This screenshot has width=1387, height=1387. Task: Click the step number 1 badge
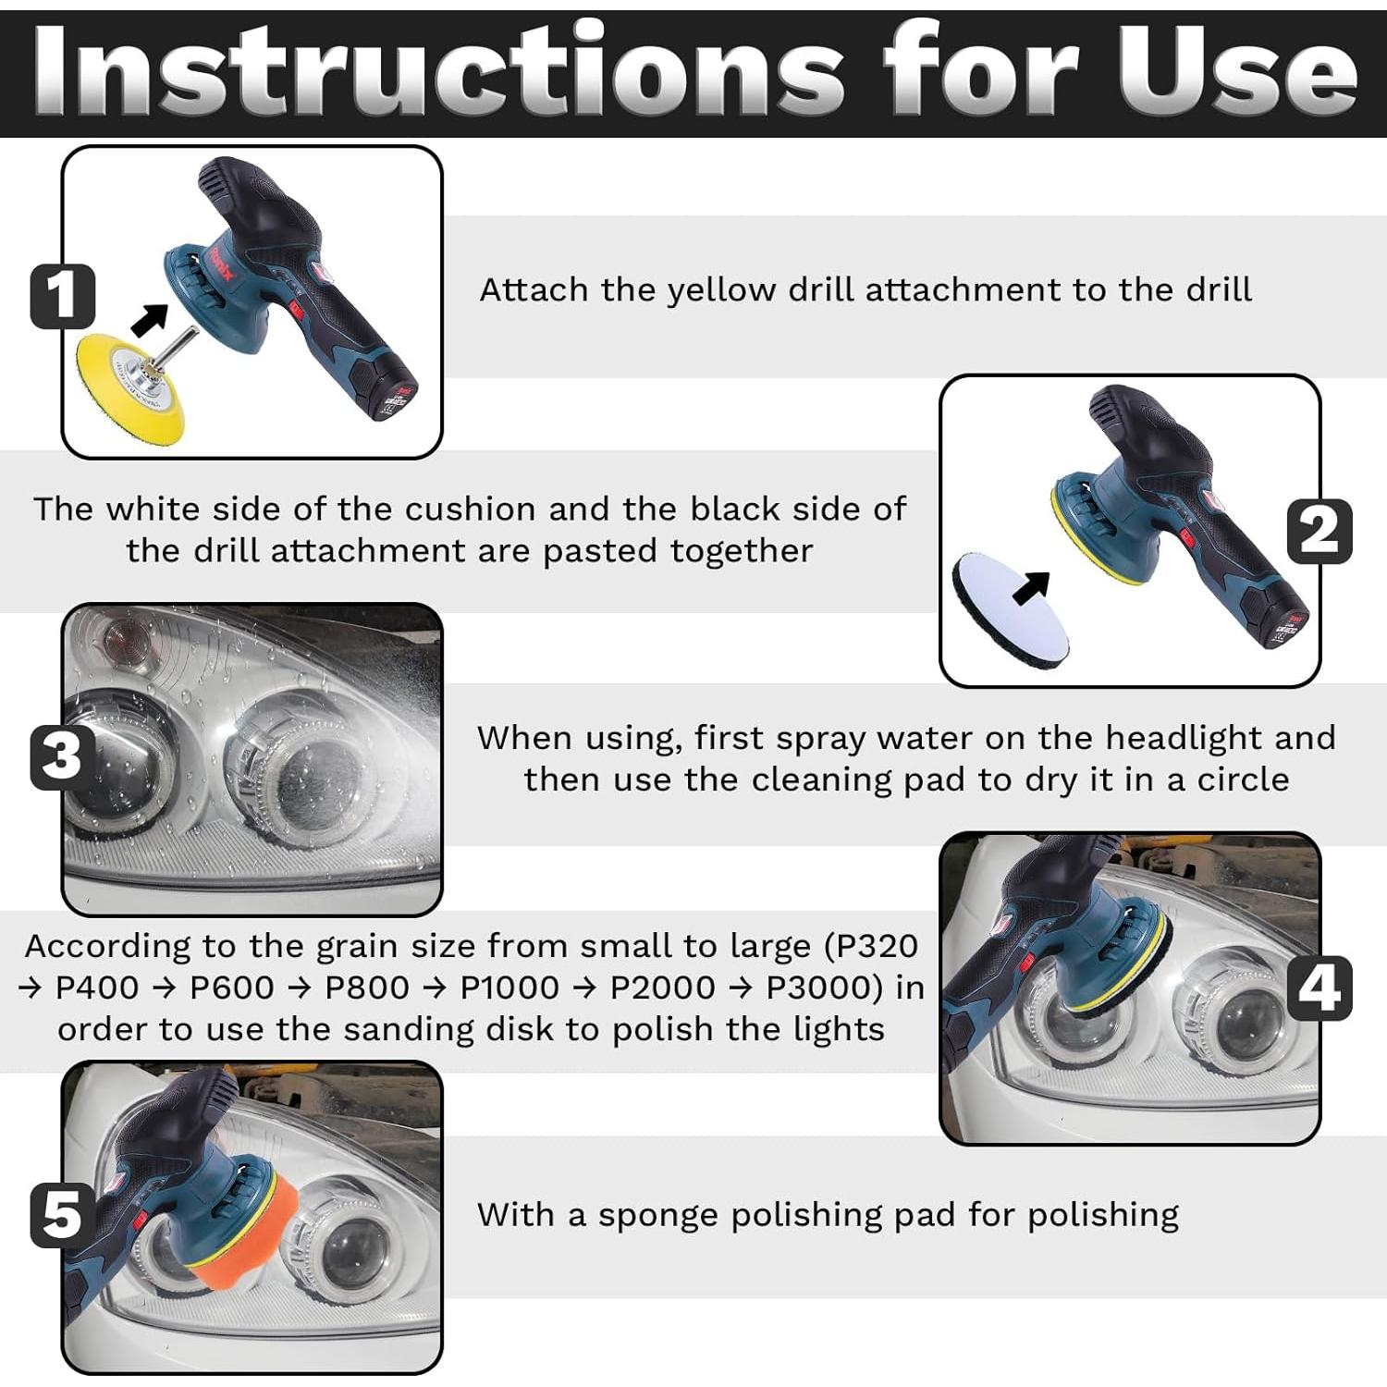click(x=63, y=296)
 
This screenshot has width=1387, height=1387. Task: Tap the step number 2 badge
click(x=1319, y=532)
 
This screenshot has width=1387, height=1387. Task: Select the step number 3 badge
click(x=63, y=756)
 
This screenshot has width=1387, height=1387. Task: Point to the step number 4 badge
click(x=1319, y=988)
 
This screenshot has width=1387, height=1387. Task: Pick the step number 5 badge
click(x=63, y=1214)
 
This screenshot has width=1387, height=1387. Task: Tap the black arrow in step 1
click(x=150, y=319)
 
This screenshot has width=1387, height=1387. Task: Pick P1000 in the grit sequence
click(x=509, y=988)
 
